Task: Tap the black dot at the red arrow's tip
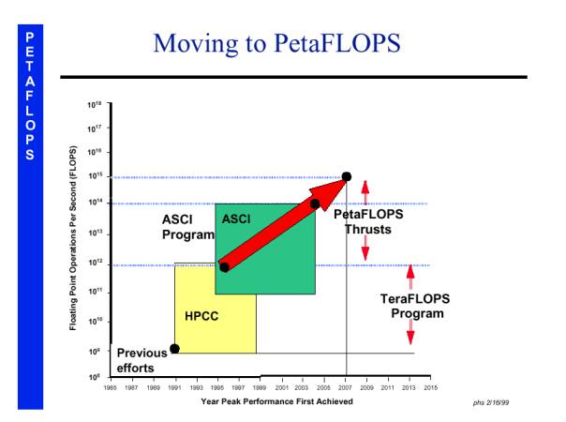(347, 176)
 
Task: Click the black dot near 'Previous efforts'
(174, 348)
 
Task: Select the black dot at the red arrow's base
(224, 267)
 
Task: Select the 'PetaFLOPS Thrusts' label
(368, 221)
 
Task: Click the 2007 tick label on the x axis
(346, 386)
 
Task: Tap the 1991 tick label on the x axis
(174, 386)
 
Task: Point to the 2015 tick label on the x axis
(431, 386)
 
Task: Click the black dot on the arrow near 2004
(315, 203)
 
